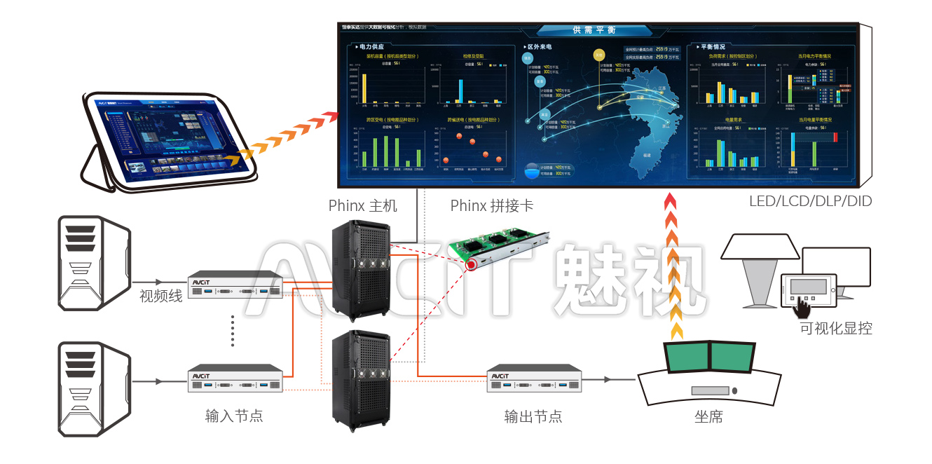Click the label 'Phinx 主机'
362,205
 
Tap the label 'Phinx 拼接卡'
491,205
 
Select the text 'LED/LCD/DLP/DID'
810,201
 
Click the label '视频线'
160,296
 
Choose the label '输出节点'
533,416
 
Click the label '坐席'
708,417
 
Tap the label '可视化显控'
836,328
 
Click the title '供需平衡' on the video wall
594,30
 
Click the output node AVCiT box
534,379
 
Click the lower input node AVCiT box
235,379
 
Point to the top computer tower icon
92,264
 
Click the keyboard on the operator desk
711,390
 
